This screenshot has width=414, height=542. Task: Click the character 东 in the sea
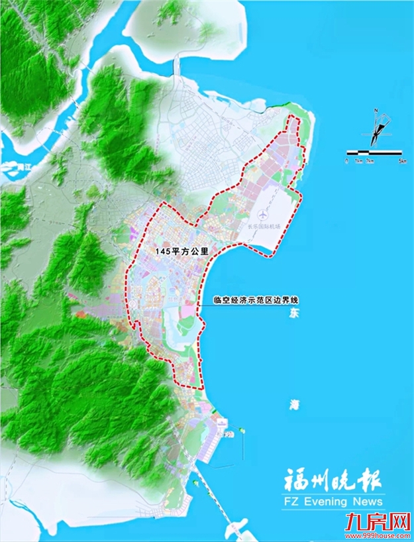point(293,316)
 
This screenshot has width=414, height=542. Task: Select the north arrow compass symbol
point(376,129)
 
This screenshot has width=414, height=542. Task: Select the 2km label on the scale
point(369,161)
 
